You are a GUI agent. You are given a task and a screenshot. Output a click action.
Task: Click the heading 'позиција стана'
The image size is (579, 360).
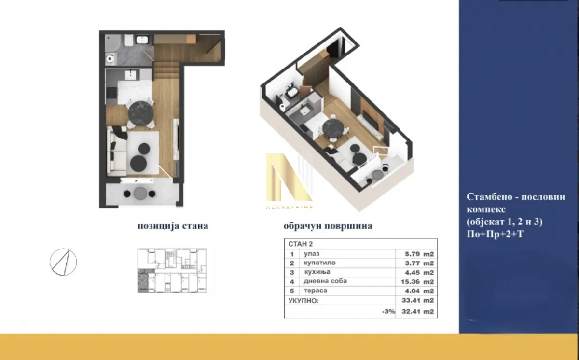tap(173, 226)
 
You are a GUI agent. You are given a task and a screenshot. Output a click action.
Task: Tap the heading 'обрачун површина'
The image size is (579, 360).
tap(328, 226)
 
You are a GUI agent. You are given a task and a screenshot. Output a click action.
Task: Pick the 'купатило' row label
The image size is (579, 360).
tap(318, 263)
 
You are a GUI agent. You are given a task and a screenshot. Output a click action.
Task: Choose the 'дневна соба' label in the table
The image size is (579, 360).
tap(325, 281)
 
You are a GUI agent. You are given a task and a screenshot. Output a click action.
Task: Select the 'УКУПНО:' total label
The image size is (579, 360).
tap(303, 301)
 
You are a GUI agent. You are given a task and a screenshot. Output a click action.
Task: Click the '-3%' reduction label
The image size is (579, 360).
tap(388, 312)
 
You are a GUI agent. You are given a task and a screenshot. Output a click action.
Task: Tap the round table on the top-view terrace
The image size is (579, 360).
tap(139, 194)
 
